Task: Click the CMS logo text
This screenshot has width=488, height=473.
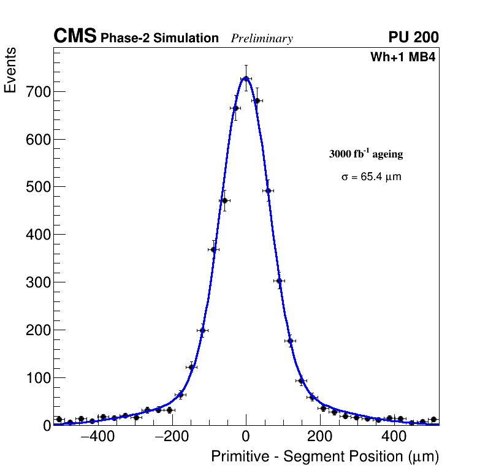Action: click(x=75, y=37)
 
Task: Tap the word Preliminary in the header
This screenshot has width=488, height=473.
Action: click(x=262, y=39)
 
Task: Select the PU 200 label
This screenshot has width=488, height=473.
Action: click(x=413, y=37)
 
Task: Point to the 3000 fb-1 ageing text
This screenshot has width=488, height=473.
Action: click(x=366, y=154)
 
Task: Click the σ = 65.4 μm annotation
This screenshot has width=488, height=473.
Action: click(x=371, y=177)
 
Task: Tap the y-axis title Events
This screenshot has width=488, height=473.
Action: click(x=10, y=70)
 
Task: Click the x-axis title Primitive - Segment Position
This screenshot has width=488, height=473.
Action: click(x=325, y=456)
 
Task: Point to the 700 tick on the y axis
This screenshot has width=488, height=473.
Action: click(x=38, y=92)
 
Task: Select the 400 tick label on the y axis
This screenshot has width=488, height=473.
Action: click(x=38, y=235)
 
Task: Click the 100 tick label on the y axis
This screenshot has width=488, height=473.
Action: click(x=38, y=377)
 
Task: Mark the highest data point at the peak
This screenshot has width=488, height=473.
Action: click(x=246, y=78)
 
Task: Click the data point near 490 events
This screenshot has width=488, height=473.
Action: click(x=268, y=191)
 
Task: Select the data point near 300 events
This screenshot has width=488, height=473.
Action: click(x=279, y=281)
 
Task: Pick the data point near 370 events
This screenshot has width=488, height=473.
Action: click(x=213, y=249)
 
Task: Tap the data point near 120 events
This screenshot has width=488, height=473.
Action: click(x=191, y=367)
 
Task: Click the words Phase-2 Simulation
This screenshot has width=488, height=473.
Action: click(x=159, y=39)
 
